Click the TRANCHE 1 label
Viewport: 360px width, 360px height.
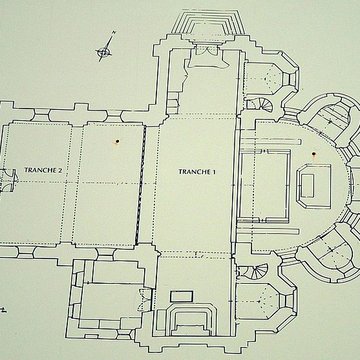197,172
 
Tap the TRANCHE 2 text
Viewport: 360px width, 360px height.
43,170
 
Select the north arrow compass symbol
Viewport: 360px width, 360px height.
105,47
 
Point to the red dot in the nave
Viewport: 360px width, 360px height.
117,141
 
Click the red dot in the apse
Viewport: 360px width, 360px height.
313,154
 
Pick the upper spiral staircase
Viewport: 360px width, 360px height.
261,105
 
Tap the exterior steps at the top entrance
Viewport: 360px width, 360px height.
208,22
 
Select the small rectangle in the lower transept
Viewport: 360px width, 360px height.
182,296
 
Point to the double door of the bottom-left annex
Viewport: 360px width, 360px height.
146,300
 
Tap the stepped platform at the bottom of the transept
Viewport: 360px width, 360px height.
190,319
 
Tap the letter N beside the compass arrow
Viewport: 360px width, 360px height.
114,33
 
